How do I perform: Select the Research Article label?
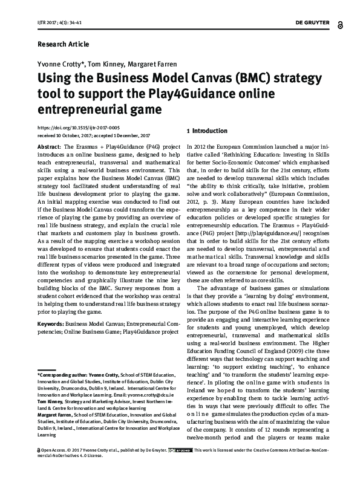(x=64, y=45)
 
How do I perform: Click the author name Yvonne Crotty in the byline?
(x=59, y=64)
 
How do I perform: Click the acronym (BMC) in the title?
(x=224, y=79)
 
